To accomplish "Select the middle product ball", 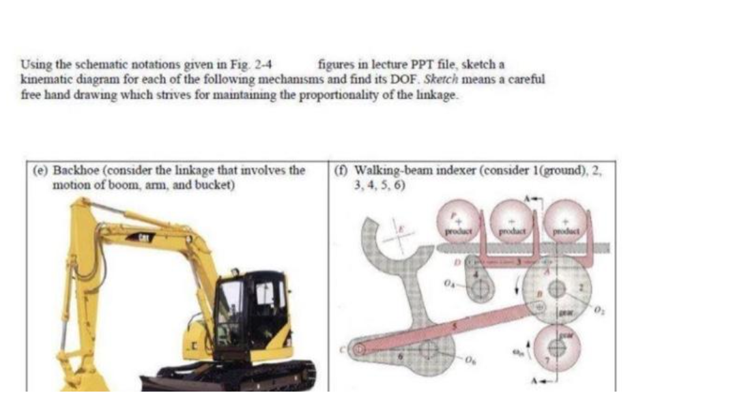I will tap(512, 219).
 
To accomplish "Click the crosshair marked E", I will tap(399, 239).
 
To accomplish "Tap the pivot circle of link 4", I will tap(482, 290).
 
